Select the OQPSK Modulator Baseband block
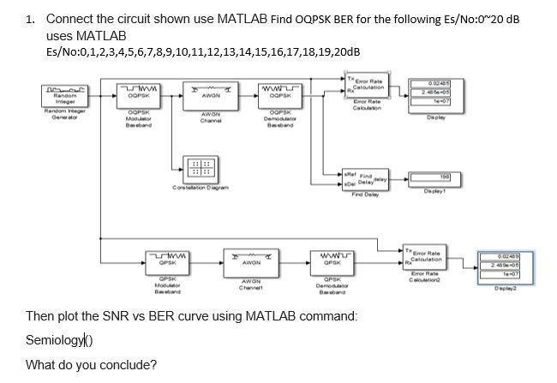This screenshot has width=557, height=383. [139, 94]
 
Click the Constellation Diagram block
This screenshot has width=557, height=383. [199, 168]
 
